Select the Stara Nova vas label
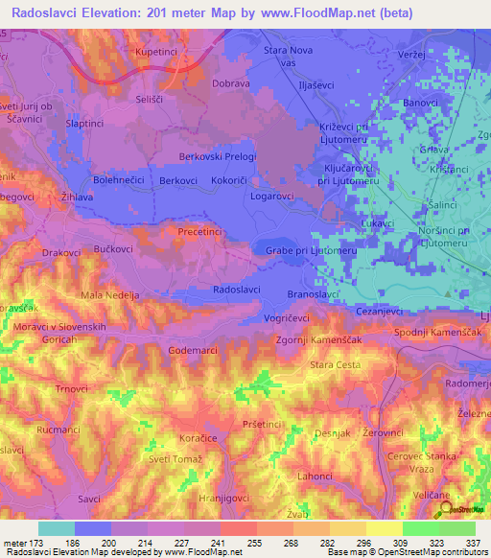[292, 53]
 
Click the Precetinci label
[201, 231]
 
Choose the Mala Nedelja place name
[110, 295]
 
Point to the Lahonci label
[315, 476]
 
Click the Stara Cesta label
[336, 365]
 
